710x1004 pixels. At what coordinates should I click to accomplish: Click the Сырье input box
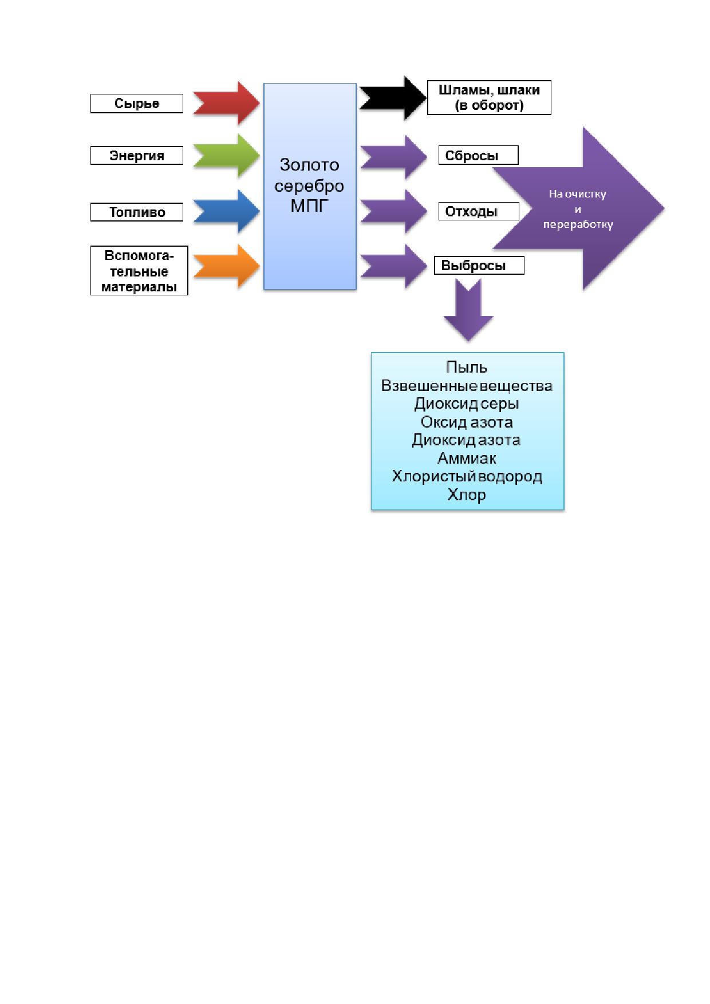tap(137, 104)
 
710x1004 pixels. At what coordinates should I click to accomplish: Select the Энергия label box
tap(137, 155)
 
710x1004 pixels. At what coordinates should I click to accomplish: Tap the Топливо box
tap(137, 212)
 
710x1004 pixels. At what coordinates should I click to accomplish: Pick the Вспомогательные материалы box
tap(139, 271)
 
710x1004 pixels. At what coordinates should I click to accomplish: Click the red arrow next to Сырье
tap(227, 103)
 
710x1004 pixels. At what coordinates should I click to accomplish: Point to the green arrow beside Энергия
tap(227, 156)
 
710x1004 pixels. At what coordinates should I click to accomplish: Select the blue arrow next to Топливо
tap(227, 211)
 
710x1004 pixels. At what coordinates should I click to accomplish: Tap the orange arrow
tap(227, 266)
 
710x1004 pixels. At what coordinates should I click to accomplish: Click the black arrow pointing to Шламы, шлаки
tap(393, 98)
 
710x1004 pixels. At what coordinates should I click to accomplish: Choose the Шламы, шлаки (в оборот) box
tap(489, 98)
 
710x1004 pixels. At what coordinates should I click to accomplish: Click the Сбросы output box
tap(478, 155)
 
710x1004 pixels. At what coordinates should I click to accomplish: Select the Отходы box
tap(479, 211)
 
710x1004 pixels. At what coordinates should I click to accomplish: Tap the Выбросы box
tap(479, 266)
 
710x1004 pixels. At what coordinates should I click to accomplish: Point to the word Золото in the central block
tap(309, 165)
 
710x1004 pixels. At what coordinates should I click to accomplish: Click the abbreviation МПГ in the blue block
tap(309, 205)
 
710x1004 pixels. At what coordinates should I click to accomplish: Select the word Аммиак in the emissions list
tap(467, 458)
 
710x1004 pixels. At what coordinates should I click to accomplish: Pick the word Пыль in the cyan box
tap(467, 367)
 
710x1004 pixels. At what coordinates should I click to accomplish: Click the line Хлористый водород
tap(467, 477)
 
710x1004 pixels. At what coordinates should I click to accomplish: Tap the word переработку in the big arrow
tap(578, 224)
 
